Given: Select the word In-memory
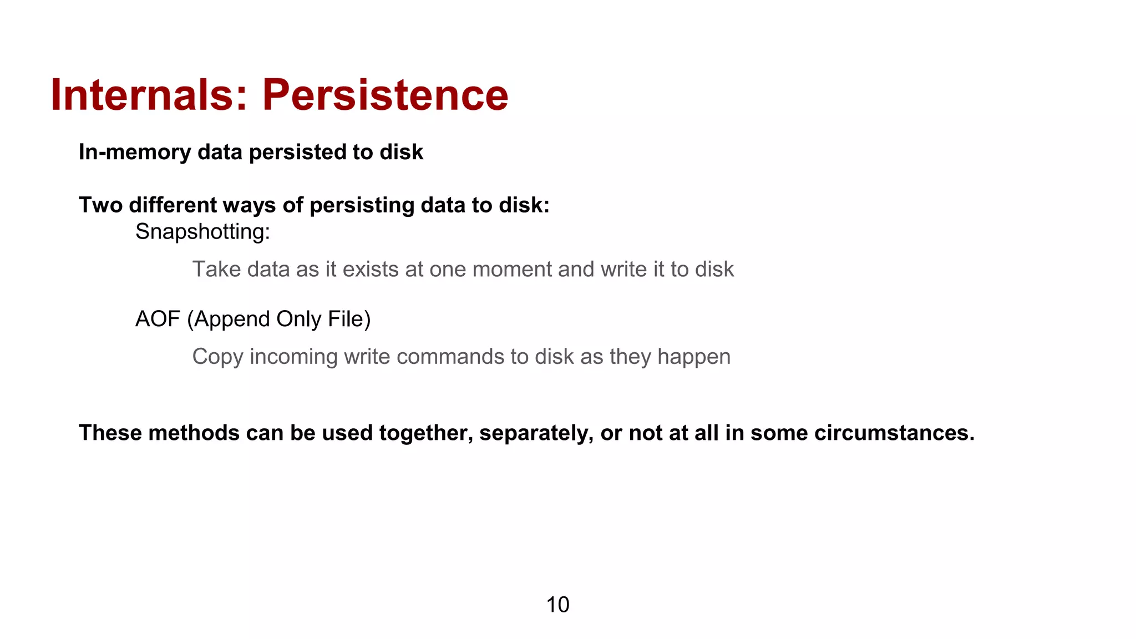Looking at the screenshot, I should [135, 152].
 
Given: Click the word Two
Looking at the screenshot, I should [100, 205].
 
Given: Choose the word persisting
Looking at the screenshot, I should [362, 206].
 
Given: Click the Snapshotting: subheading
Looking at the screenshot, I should [202, 232].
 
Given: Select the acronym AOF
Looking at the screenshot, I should [158, 319].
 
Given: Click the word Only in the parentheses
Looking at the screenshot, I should [299, 319].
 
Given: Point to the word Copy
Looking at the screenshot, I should [217, 357].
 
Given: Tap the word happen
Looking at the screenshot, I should [694, 357].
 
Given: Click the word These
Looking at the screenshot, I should [110, 433].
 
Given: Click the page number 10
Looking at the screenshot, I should [557, 605].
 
